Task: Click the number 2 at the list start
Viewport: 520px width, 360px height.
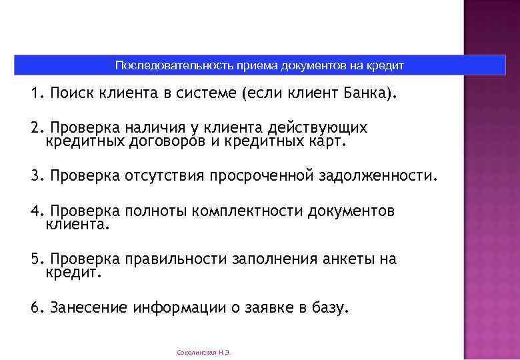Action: (34, 127)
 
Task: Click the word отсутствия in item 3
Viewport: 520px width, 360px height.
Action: (165, 176)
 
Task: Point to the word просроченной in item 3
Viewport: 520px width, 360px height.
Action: (261, 176)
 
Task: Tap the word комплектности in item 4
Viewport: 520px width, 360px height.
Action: (247, 211)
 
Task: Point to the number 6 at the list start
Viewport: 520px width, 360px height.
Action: (34, 308)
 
